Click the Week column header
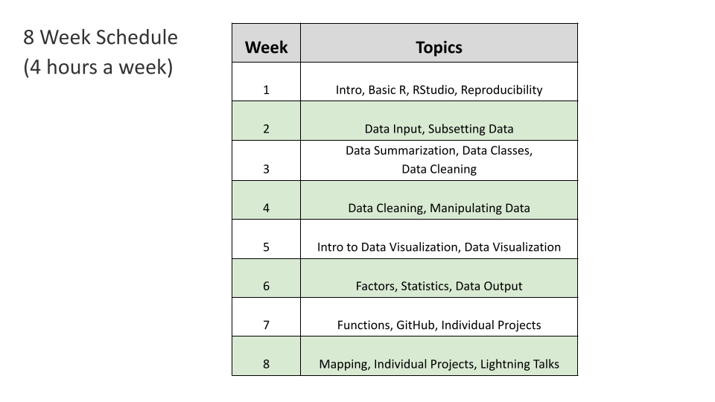point(266,48)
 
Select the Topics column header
point(439,48)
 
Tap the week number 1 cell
point(266,90)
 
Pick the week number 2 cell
point(266,129)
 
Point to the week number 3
point(266,169)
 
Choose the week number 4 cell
point(266,208)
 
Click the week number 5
point(266,247)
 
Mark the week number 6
point(266,287)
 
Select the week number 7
point(266,325)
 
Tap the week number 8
point(266,365)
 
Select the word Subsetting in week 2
point(457,129)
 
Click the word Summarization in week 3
point(416,150)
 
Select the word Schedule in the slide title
point(139,37)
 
